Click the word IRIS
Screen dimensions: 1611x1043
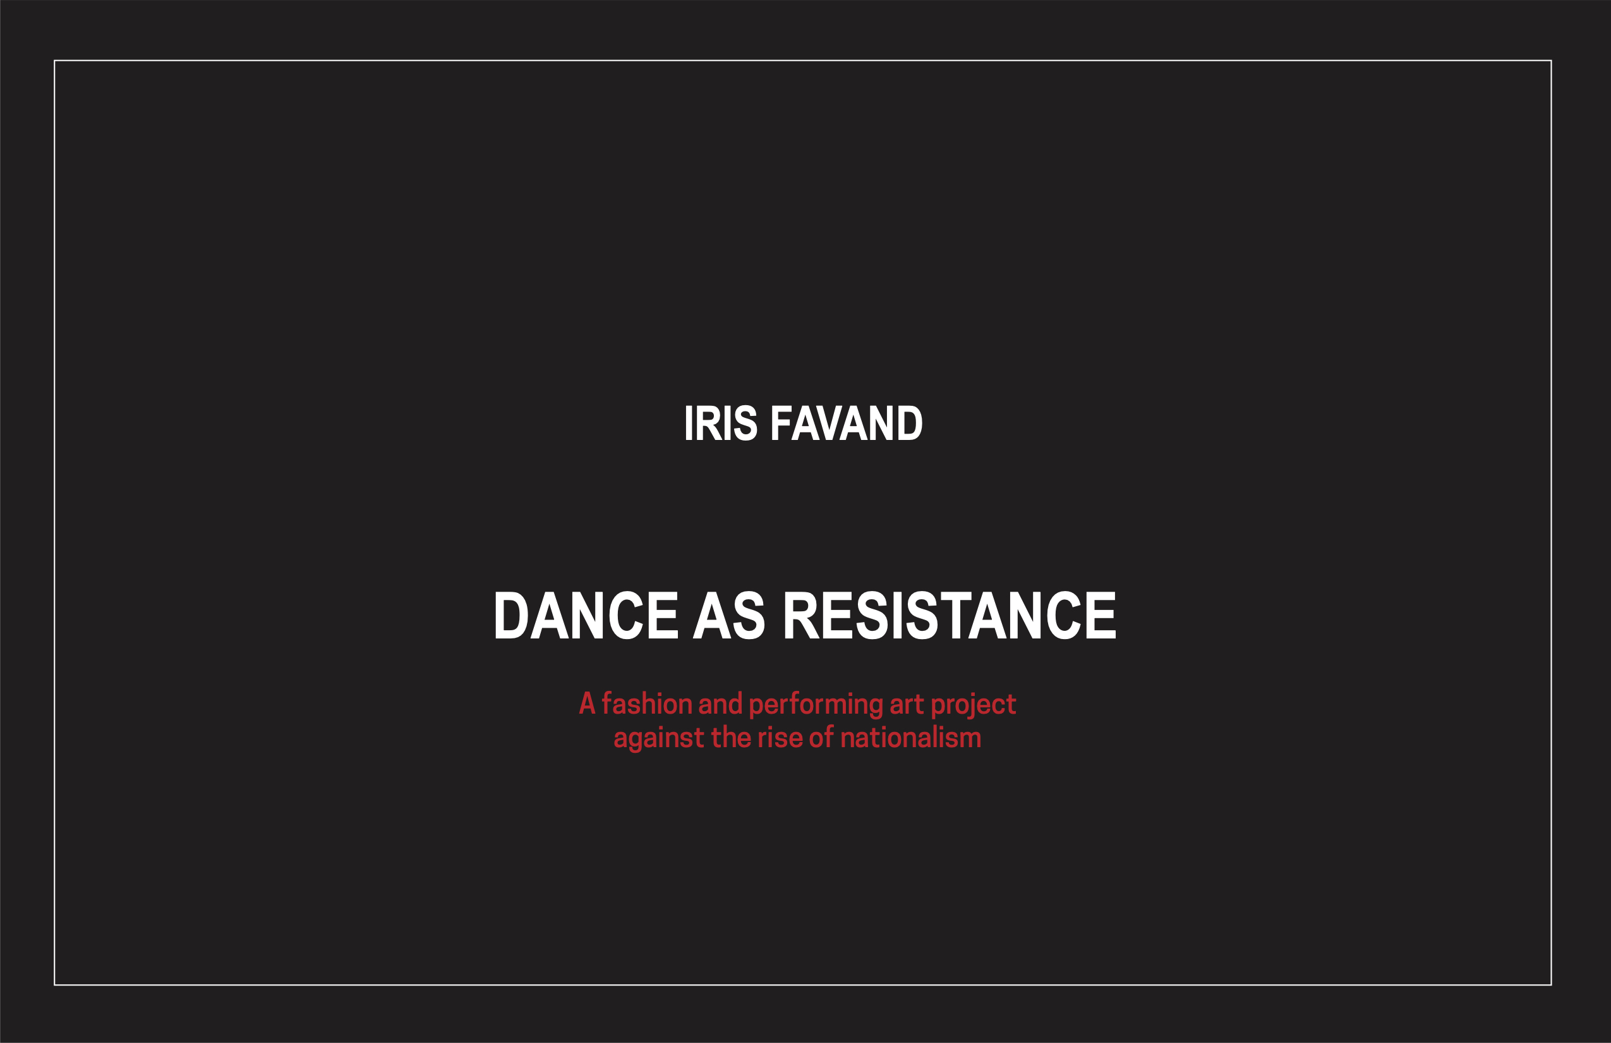tap(720, 424)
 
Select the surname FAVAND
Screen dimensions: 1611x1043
tap(847, 424)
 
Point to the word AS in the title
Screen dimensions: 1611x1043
tap(729, 615)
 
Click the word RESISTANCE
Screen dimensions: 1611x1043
tap(950, 615)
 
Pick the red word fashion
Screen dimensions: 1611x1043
tap(646, 704)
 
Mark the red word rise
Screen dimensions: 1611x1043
tap(780, 738)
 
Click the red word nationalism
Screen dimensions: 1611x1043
tap(910, 738)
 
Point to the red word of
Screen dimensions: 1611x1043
tap(821, 738)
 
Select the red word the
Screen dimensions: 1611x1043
tap(731, 738)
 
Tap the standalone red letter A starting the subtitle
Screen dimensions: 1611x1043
tap(587, 704)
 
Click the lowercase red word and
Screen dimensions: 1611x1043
tap(720, 704)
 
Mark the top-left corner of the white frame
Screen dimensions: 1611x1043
tap(55, 61)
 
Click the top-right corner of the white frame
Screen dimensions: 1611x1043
tap(1551, 61)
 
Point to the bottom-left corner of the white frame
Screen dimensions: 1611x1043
tap(55, 985)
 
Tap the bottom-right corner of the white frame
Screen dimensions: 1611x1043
tap(1551, 985)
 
